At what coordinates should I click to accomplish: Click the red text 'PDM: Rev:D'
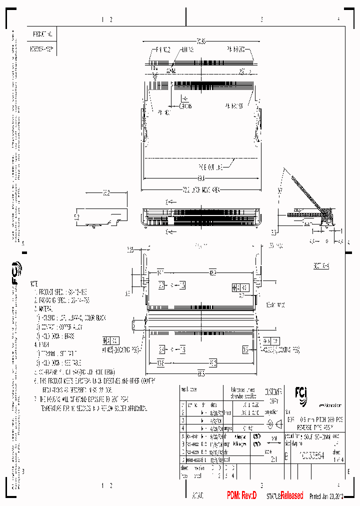(x=241, y=495)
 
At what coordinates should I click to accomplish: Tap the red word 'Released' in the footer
(x=291, y=495)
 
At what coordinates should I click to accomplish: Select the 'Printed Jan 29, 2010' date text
(x=327, y=496)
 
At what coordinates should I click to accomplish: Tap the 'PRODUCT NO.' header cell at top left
(x=42, y=34)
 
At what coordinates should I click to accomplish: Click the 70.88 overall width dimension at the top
(x=201, y=40)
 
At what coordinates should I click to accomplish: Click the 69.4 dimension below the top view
(x=201, y=178)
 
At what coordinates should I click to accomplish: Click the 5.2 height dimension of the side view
(x=76, y=217)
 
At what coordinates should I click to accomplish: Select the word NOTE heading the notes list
(x=33, y=282)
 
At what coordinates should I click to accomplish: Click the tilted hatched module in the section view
(x=306, y=195)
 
